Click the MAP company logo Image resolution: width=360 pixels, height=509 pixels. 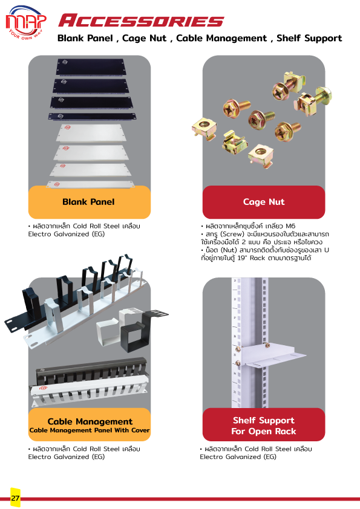click(x=26, y=22)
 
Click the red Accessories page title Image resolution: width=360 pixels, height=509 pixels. click(x=142, y=21)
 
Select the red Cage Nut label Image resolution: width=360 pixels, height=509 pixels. click(x=264, y=202)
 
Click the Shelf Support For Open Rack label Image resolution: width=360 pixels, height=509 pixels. click(x=264, y=425)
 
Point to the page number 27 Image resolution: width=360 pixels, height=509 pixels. click(x=15, y=498)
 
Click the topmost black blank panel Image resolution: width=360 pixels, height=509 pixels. click(x=90, y=66)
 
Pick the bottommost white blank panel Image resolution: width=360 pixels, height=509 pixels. click(x=90, y=184)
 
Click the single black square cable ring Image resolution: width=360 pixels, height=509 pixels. click(x=133, y=336)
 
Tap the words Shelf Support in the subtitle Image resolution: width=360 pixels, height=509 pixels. click(x=309, y=38)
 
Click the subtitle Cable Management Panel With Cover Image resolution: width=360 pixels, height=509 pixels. click(x=90, y=430)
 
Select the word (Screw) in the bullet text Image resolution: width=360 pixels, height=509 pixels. click(x=232, y=234)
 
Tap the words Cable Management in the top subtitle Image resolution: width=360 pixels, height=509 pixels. click(x=221, y=38)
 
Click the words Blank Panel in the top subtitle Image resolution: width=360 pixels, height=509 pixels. click(x=85, y=38)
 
